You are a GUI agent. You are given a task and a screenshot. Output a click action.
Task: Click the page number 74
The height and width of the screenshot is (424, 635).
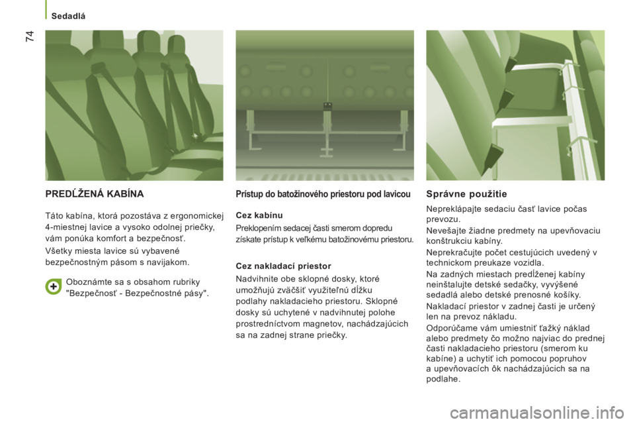[x=30, y=36]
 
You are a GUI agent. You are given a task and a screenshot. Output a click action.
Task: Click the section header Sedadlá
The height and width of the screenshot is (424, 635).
[x=68, y=16]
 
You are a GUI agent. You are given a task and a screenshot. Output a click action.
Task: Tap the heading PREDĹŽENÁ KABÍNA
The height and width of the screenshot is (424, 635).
[x=95, y=194]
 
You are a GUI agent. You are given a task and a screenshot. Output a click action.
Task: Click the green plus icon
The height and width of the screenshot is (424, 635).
[x=53, y=287]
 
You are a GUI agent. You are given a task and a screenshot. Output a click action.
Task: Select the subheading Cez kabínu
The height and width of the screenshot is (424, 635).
[x=259, y=215]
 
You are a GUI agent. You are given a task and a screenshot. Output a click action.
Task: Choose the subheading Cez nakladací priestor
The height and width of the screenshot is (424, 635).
[x=284, y=266]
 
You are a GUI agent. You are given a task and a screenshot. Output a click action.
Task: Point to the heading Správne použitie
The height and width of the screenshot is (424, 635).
[x=466, y=194]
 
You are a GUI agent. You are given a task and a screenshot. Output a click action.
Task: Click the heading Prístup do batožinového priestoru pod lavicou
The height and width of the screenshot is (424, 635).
[x=323, y=194]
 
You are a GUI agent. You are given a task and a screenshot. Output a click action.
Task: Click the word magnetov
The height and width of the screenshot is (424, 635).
[x=323, y=324]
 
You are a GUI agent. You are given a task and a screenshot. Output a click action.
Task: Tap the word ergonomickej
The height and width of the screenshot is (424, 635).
[x=196, y=216]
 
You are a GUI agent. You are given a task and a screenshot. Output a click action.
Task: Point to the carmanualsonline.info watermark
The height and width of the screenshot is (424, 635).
[x=536, y=413]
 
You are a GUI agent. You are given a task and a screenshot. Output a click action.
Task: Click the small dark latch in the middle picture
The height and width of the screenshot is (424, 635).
[x=327, y=106]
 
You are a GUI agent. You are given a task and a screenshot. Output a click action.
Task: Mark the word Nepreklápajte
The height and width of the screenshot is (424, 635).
[x=450, y=209]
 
